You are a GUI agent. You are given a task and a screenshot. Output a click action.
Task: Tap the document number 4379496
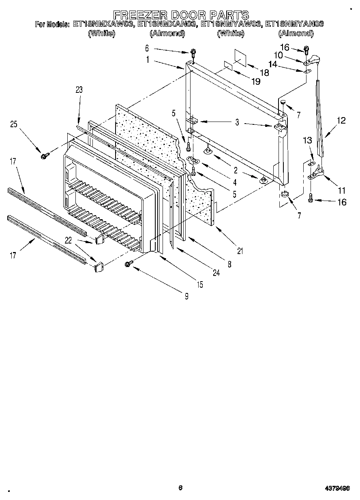[x=336, y=488]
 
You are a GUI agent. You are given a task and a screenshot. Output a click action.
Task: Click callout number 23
[x=79, y=90]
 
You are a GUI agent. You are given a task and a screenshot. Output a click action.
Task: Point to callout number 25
[x=14, y=125]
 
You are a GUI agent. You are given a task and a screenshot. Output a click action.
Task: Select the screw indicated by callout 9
[x=129, y=264]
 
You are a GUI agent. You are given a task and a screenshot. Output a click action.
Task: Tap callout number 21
[x=240, y=251]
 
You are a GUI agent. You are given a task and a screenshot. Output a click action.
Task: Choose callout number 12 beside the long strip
[x=341, y=120]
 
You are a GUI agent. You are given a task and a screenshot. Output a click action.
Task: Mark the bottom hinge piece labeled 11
[x=316, y=175]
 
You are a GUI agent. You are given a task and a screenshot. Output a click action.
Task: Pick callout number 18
[x=264, y=73]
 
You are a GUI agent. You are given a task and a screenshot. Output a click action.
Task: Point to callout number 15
[x=200, y=284]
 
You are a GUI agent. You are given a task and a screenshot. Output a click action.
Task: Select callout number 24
[x=216, y=273]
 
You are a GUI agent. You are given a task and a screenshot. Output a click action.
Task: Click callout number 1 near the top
[x=148, y=59]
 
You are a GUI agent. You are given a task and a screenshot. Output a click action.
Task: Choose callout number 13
[x=308, y=140]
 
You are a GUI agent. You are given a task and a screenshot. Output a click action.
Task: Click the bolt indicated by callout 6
[x=193, y=52]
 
